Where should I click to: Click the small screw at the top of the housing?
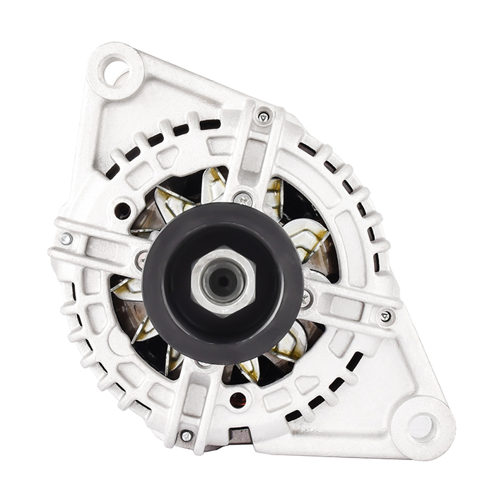point(264,117)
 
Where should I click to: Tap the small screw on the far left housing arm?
point(66,239)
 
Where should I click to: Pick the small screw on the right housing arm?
point(385,316)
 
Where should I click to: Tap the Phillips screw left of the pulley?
point(142,261)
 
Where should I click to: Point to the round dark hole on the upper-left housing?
point(123,210)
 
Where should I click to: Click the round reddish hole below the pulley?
point(238,399)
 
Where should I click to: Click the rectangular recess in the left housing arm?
point(98,247)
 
